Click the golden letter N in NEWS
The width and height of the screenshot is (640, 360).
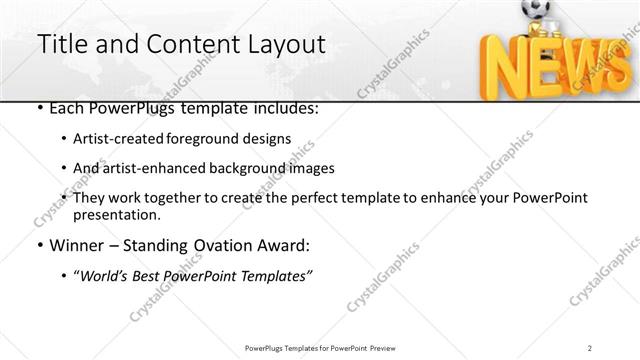[x=500, y=68]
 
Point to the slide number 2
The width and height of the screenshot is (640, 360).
[x=590, y=347]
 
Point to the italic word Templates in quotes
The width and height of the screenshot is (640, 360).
[x=275, y=275]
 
